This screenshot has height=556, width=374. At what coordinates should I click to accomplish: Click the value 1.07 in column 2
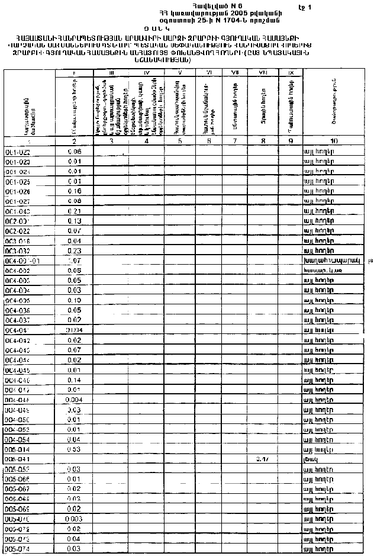74,261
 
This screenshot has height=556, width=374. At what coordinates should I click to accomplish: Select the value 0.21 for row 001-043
74,211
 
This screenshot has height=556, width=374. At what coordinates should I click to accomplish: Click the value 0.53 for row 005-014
74,449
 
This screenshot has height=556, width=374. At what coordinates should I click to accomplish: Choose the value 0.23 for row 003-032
74,250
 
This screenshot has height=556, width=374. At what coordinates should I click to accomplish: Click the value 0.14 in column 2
74,380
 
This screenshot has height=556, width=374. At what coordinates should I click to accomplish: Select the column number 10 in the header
334,142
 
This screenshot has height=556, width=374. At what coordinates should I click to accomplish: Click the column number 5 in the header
179,142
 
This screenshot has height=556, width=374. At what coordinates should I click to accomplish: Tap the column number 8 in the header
263,142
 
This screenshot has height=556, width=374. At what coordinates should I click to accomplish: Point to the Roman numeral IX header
291,73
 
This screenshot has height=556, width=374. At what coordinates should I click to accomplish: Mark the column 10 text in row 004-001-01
331,261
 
